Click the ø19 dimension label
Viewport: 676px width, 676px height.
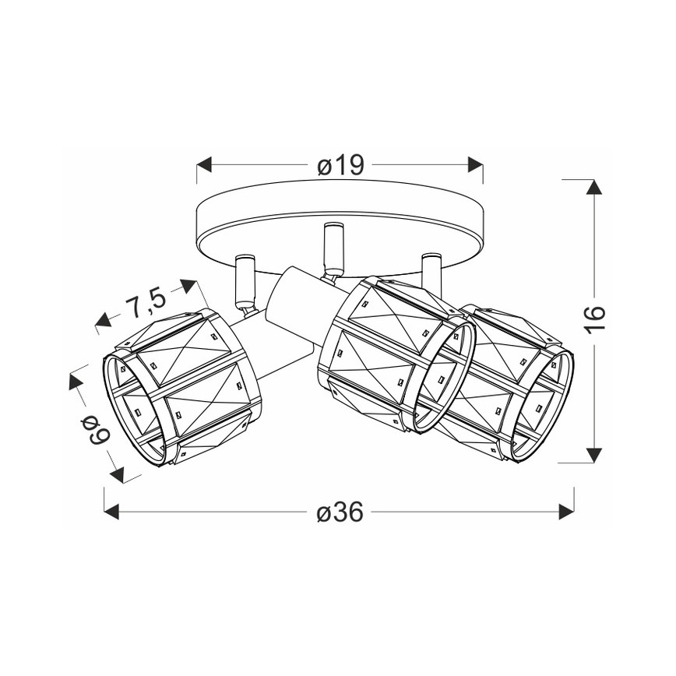click(x=340, y=165)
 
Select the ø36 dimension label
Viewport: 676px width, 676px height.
click(x=340, y=512)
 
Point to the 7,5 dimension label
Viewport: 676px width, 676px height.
click(x=145, y=303)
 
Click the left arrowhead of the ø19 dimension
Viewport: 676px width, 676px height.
click(x=205, y=165)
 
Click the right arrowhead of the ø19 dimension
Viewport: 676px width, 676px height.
click(x=474, y=165)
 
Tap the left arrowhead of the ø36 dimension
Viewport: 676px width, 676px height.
click(x=111, y=512)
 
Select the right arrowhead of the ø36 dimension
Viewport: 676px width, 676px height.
click(x=566, y=512)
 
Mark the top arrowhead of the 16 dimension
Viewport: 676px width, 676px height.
click(x=594, y=187)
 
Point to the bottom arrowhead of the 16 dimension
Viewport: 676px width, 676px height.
click(x=594, y=456)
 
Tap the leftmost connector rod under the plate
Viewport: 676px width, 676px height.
click(x=244, y=280)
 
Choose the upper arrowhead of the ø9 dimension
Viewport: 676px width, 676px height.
click(x=76, y=382)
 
